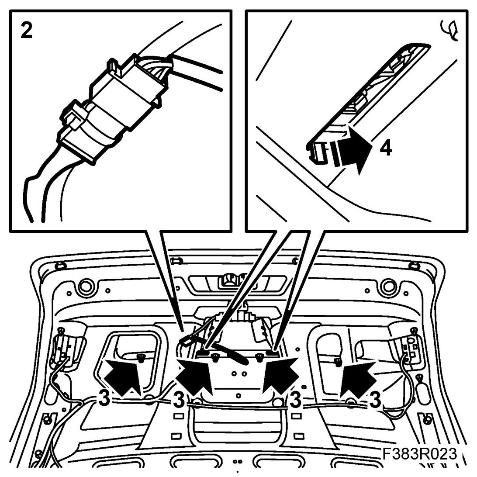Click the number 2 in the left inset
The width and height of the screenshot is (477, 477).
tap(27, 31)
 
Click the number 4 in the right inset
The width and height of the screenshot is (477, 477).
tap(386, 149)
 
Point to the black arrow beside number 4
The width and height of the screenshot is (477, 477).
tap(353, 150)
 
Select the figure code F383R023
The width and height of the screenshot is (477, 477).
tap(420, 454)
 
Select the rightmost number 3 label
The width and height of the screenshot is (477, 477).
tap(375, 400)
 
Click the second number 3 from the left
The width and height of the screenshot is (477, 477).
tap(179, 400)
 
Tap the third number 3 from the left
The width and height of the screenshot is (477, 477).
tap(295, 400)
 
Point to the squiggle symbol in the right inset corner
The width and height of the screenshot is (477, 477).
tap(449, 30)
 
